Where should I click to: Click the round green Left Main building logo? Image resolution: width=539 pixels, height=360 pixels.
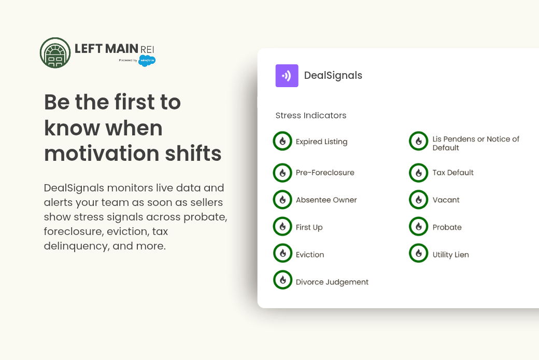click(x=55, y=53)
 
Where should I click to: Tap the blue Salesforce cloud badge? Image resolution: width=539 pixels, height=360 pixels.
click(x=147, y=61)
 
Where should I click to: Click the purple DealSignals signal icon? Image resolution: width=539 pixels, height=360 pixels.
click(x=287, y=76)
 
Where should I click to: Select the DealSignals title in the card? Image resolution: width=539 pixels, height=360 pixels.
click(x=333, y=75)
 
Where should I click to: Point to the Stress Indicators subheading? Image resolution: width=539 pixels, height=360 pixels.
click(x=311, y=115)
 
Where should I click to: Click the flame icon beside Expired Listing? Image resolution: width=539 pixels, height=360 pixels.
click(x=282, y=141)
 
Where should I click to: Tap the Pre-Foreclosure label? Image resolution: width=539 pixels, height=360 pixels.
click(x=325, y=172)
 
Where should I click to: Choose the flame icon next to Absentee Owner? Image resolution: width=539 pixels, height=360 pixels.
click(x=282, y=200)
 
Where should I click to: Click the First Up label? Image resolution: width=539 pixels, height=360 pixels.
click(x=309, y=227)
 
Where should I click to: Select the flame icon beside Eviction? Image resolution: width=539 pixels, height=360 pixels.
click(x=282, y=253)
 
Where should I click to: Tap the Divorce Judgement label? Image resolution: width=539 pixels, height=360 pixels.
click(x=332, y=282)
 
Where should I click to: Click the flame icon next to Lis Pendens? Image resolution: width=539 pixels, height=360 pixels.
click(x=418, y=141)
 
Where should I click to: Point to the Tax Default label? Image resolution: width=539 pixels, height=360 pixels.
click(x=453, y=172)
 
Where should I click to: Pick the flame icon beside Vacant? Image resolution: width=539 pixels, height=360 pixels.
click(x=418, y=200)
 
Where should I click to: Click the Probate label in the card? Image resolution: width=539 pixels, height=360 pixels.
click(x=447, y=227)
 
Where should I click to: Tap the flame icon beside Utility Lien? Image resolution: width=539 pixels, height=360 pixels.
click(x=418, y=253)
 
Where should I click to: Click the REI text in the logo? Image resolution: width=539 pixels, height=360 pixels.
click(x=147, y=50)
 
